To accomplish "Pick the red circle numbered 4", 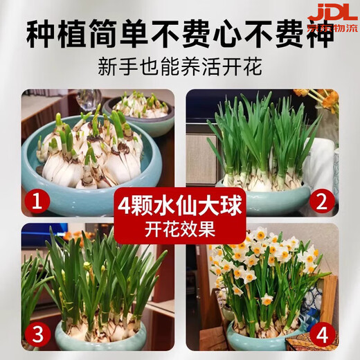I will [x=321, y=335].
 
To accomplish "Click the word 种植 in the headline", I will [x=55, y=35].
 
